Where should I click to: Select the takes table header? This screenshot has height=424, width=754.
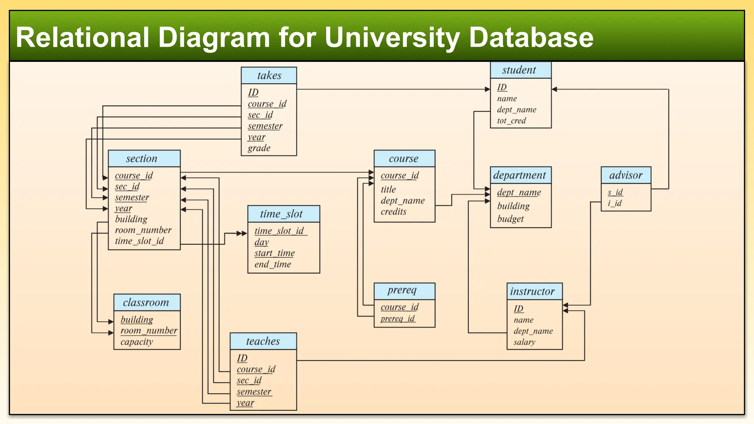[x=269, y=75]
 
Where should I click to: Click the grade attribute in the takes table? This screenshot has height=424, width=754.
[x=259, y=148]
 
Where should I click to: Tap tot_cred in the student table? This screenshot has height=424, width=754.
[x=511, y=121]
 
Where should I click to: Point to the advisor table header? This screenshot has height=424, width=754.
[x=626, y=175]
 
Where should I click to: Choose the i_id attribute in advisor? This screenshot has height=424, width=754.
[x=614, y=203]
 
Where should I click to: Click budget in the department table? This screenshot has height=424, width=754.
[x=510, y=219]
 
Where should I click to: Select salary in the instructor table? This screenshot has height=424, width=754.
[x=524, y=342]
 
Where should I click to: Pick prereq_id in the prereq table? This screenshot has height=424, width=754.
[x=398, y=318]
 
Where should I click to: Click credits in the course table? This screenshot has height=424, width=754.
[x=393, y=212]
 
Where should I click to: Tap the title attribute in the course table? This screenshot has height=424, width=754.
[x=388, y=190]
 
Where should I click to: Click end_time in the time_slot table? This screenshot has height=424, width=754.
[x=272, y=264]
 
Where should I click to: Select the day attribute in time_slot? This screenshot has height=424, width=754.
[x=261, y=242]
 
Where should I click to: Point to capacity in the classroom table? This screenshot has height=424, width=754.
[x=137, y=342]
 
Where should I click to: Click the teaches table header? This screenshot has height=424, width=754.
[x=263, y=341]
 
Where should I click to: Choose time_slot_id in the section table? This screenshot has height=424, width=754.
[x=139, y=241]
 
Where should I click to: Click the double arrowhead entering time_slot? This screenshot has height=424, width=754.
[x=242, y=233]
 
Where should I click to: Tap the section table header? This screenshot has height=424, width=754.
[x=142, y=159]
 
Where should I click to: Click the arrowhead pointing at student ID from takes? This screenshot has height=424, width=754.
[x=487, y=89]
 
